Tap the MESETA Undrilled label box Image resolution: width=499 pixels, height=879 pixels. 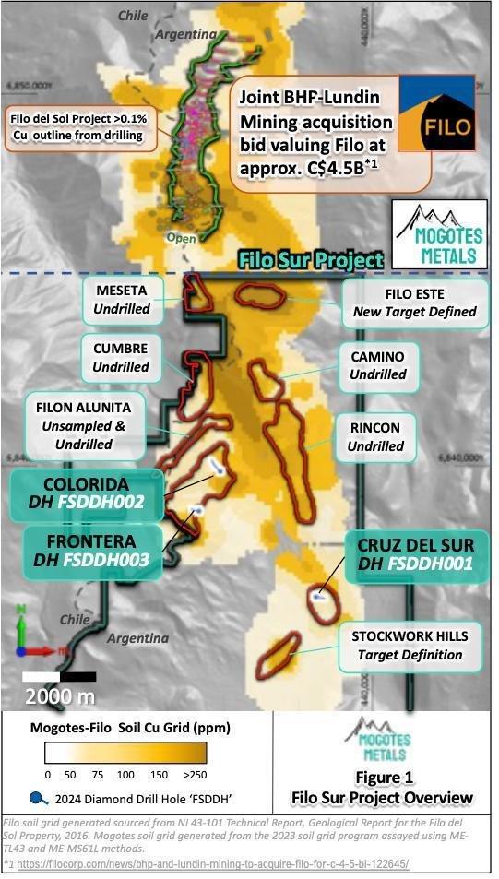tap(122, 299)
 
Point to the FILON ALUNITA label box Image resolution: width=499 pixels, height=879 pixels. tap(84, 426)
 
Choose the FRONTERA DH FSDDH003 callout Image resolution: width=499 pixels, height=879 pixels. tap(82, 550)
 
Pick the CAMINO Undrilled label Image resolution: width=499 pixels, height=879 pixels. tap(377, 365)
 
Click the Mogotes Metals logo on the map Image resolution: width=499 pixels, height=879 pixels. tap(436, 234)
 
